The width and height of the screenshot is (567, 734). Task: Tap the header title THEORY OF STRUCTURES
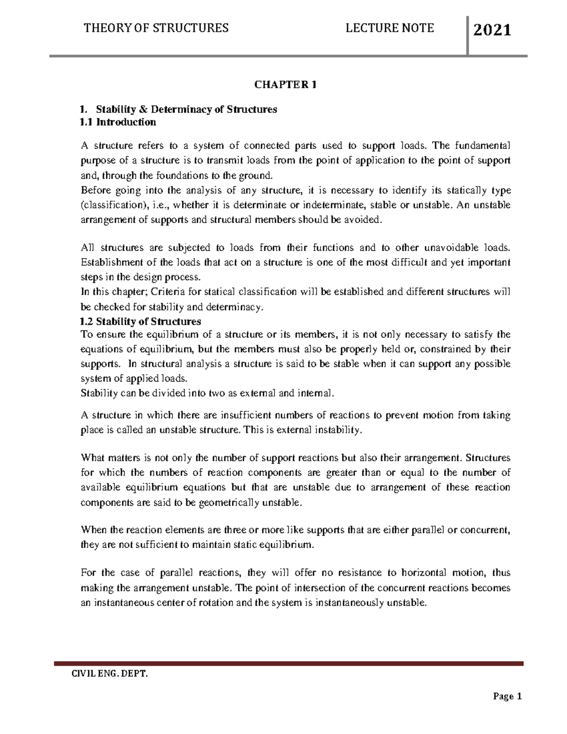click(156, 28)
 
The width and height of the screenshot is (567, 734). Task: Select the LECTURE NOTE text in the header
click(390, 28)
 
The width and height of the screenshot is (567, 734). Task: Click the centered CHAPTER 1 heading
click(285, 85)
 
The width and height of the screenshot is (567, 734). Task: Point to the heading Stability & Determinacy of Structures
click(186, 110)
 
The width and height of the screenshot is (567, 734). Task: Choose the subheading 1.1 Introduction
click(118, 122)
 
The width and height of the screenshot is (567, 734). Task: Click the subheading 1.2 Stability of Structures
click(141, 322)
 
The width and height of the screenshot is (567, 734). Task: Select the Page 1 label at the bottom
click(507, 697)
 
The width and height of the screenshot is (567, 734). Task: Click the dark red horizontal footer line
click(289, 663)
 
